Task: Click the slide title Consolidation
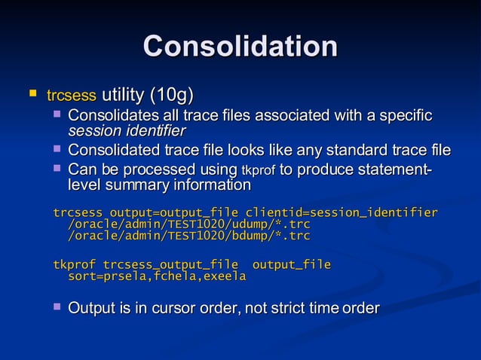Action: click(240, 46)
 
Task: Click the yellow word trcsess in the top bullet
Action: click(72, 96)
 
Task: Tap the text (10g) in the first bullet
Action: click(171, 95)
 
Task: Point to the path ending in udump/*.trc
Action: click(189, 224)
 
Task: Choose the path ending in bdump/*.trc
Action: click(189, 236)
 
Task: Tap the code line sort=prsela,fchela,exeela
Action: click(157, 276)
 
